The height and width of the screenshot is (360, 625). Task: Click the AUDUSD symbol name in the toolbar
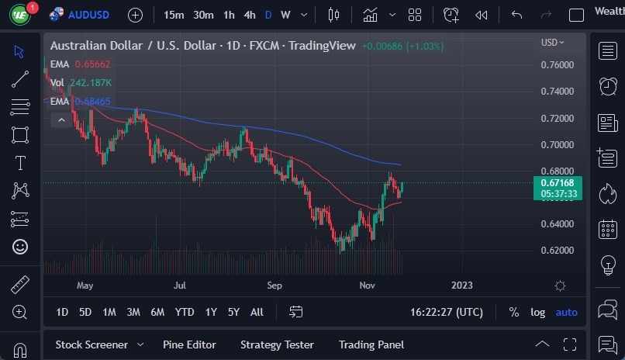point(88,15)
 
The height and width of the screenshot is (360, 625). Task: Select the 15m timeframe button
point(174,15)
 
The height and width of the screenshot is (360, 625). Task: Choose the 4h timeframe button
point(249,15)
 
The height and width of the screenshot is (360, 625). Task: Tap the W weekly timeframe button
point(285,15)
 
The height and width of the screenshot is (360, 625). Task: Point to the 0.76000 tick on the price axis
point(557,65)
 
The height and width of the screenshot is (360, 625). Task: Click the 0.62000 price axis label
point(557,251)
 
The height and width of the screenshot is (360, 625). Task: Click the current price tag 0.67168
point(558,183)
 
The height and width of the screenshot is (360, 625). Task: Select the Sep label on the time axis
point(274,286)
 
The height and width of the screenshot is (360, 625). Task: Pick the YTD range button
point(185,312)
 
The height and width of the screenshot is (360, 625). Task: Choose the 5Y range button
point(233,312)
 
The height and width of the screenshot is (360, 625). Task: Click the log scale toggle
point(537,312)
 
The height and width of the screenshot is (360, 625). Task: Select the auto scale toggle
point(566,312)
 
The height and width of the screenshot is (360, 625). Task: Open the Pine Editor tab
point(189,344)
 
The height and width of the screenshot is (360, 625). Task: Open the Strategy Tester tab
point(277,344)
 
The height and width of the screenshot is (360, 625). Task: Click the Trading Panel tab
point(371,344)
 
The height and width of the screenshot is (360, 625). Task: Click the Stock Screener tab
point(92,344)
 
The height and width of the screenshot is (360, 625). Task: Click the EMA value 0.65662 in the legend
point(93,64)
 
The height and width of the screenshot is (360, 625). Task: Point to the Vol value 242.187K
point(90,83)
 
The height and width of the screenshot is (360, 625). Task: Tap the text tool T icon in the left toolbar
point(19,163)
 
